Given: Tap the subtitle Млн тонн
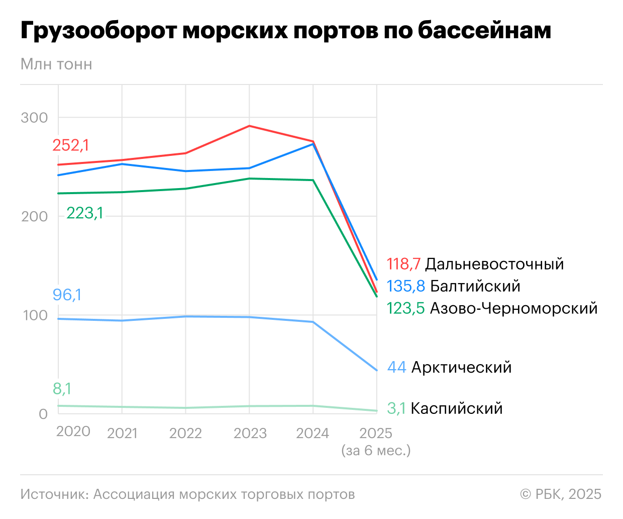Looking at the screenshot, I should pos(56,64).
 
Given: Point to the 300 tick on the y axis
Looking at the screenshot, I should pos(34,118).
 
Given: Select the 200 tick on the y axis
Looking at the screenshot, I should pos(34,216).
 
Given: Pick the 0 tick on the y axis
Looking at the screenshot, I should pos(43,414).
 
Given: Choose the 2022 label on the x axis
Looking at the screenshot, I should pos(185,433).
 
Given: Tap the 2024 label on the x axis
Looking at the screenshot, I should pos(313,433).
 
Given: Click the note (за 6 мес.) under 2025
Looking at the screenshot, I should pos(376,450).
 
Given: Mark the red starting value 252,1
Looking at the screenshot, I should pos(71,145).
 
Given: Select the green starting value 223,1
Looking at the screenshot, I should pos(85,213).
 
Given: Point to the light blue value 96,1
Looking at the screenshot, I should pos(67,295).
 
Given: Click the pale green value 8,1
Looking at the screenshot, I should pos(62,389).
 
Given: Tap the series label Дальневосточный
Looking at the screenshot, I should pos(494,264).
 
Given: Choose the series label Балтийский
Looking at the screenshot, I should pos(475,286).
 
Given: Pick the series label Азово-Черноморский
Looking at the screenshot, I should pos(513,308).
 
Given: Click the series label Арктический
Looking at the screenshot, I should pos(461,367).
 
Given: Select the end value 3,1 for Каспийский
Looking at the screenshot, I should pos(396,408).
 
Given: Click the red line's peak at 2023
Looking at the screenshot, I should pos(249,126).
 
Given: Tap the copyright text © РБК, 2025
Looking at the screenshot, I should pos(561,494).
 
